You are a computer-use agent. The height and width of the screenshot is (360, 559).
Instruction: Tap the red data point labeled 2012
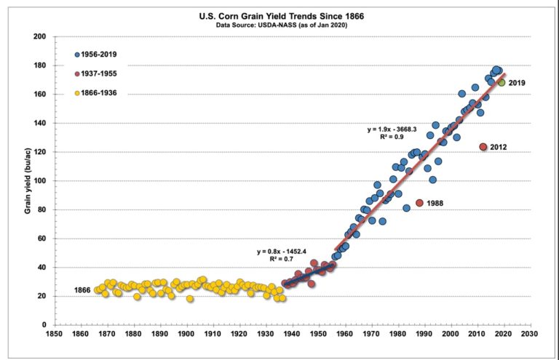click(x=483, y=147)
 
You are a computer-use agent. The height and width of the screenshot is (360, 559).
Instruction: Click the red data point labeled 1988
click(x=419, y=203)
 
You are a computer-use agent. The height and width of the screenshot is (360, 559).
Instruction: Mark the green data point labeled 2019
click(x=501, y=83)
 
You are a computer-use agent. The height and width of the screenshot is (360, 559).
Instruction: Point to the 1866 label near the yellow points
click(x=82, y=290)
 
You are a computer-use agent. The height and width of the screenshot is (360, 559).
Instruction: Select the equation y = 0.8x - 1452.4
click(x=284, y=252)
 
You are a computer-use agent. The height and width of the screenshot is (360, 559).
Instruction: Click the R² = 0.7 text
click(x=284, y=260)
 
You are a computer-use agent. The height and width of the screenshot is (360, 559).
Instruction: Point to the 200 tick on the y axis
click(x=39, y=36)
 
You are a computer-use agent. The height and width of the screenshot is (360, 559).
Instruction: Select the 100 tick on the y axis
click(x=39, y=180)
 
